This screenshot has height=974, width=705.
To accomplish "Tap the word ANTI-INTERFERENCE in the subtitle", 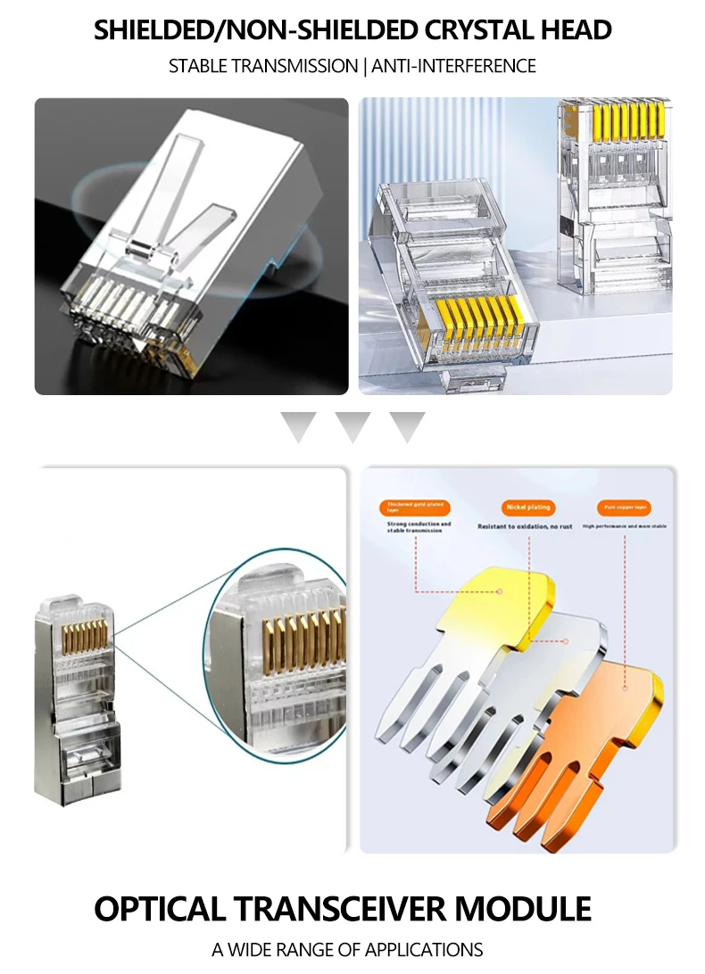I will coord(453,66).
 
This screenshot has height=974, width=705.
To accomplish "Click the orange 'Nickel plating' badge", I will coord(528,508).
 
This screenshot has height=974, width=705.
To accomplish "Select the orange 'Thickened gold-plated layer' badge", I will coord(414,508).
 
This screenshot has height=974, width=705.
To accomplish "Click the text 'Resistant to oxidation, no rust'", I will coord(525,527).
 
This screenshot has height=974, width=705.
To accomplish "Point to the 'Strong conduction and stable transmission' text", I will coord(419,527).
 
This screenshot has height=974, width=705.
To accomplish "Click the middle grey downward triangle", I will coord(352,426).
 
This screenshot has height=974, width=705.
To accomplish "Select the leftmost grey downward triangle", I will coord(298,426).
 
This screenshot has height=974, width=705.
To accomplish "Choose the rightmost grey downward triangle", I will coord(407,426).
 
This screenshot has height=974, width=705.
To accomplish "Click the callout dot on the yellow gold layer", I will coord(501,590).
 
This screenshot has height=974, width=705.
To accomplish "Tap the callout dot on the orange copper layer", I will coord(624,688).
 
